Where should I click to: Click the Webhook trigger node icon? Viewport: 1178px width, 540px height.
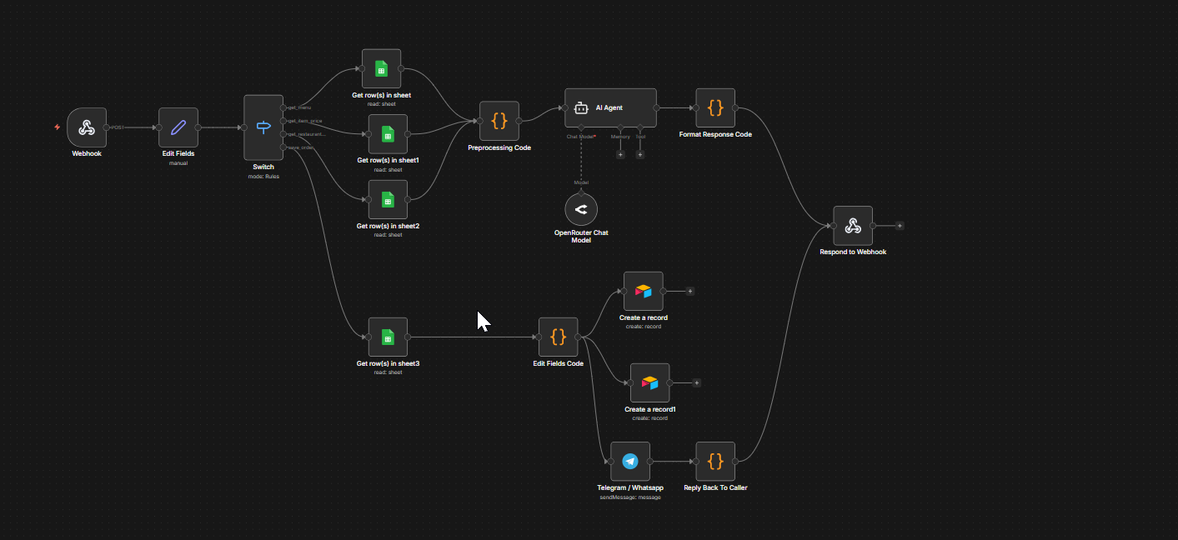[x=87, y=127]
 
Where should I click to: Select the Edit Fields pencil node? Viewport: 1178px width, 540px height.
[x=178, y=127]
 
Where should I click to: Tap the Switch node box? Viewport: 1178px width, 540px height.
[x=263, y=127]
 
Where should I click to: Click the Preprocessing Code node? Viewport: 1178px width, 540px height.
[x=499, y=121]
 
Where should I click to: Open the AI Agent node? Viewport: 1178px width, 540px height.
[x=610, y=107]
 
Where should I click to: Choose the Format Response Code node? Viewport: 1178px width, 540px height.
[x=715, y=107]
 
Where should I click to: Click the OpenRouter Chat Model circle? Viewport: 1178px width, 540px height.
[x=581, y=208]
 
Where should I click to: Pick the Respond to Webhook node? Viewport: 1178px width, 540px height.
[x=853, y=226]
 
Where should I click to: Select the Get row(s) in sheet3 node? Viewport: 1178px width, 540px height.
[x=388, y=337]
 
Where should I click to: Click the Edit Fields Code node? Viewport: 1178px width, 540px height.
[x=559, y=337]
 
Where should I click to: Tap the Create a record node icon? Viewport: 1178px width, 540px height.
[x=644, y=291]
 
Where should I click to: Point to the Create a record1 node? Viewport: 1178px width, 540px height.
[x=650, y=382]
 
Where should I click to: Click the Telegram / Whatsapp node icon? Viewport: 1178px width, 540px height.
[x=630, y=461]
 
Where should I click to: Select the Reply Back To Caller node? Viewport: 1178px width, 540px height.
[x=715, y=461]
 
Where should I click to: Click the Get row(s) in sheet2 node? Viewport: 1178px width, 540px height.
[x=388, y=200]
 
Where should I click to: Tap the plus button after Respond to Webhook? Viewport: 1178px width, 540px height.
[x=900, y=226]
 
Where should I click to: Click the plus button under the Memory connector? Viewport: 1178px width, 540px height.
[x=620, y=154]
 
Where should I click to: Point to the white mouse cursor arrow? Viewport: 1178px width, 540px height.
[x=483, y=321]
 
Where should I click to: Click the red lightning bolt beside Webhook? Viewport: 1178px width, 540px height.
[x=58, y=127]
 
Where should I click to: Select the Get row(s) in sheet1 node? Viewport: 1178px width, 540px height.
[x=388, y=134]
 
